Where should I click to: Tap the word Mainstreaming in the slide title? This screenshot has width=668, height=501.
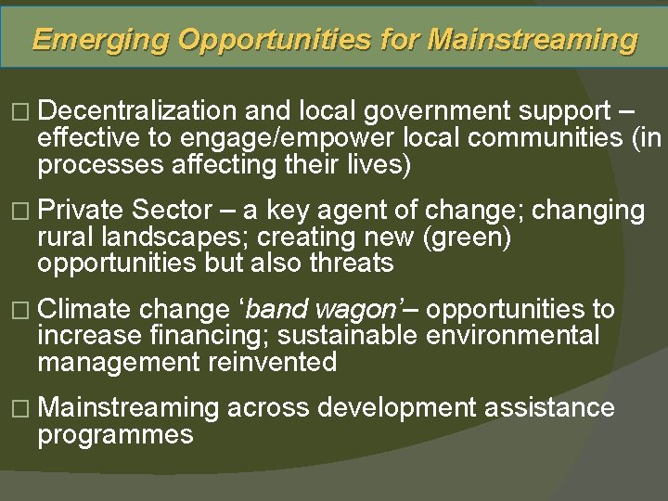(533, 40)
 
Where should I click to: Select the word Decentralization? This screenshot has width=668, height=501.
(138, 111)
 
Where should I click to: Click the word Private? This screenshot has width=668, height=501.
(83, 210)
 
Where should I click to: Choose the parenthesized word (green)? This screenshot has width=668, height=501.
(466, 237)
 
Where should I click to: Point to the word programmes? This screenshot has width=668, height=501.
(115, 434)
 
